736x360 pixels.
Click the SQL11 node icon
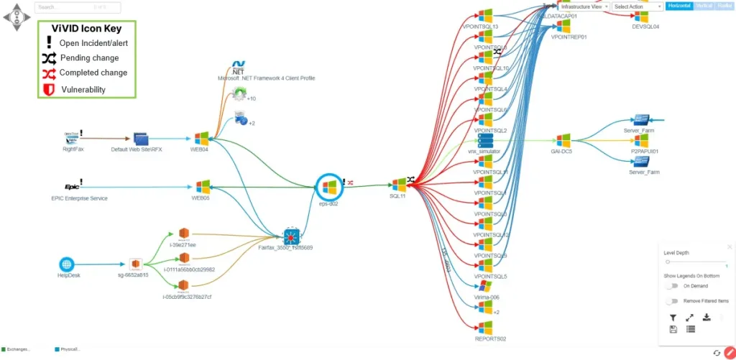(399, 185)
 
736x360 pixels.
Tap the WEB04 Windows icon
(201, 138)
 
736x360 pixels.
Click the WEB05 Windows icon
(201, 186)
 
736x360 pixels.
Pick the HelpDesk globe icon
(66, 264)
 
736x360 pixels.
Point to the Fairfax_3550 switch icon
(290, 235)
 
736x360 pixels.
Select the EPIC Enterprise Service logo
(71, 186)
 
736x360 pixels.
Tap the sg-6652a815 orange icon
(134, 264)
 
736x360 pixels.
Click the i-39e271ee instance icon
(183, 234)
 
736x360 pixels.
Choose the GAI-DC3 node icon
(563, 139)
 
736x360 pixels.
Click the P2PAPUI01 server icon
(642, 141)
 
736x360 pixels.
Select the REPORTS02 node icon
(485, 328)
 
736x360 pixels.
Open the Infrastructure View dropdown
(584, 6)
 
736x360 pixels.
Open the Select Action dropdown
(638, 6)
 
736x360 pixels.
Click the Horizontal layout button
(679, 6)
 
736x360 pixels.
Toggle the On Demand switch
(672, 286)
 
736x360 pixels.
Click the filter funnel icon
(673, 318)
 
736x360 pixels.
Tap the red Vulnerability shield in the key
(49, 89)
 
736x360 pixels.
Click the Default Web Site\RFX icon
(140, 138)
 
